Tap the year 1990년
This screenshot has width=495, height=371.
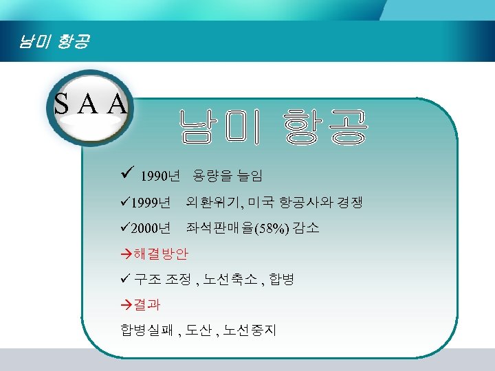point(159,177)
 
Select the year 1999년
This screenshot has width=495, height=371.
point(150,203)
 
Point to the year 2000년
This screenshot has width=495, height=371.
point(150,228)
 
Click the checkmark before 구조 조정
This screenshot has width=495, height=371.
point(124,279)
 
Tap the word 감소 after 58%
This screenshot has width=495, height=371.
point(307,228)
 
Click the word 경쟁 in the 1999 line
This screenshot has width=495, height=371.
point(348,202)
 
